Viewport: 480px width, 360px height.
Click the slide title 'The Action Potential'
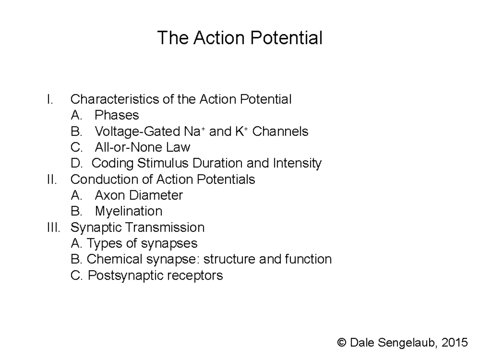point(240,38)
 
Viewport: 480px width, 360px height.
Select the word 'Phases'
point(117,115)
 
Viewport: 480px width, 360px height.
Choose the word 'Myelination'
point(128,211)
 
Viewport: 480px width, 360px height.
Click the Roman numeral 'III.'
point(53,227)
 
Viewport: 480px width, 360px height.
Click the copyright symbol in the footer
point(341,342)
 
